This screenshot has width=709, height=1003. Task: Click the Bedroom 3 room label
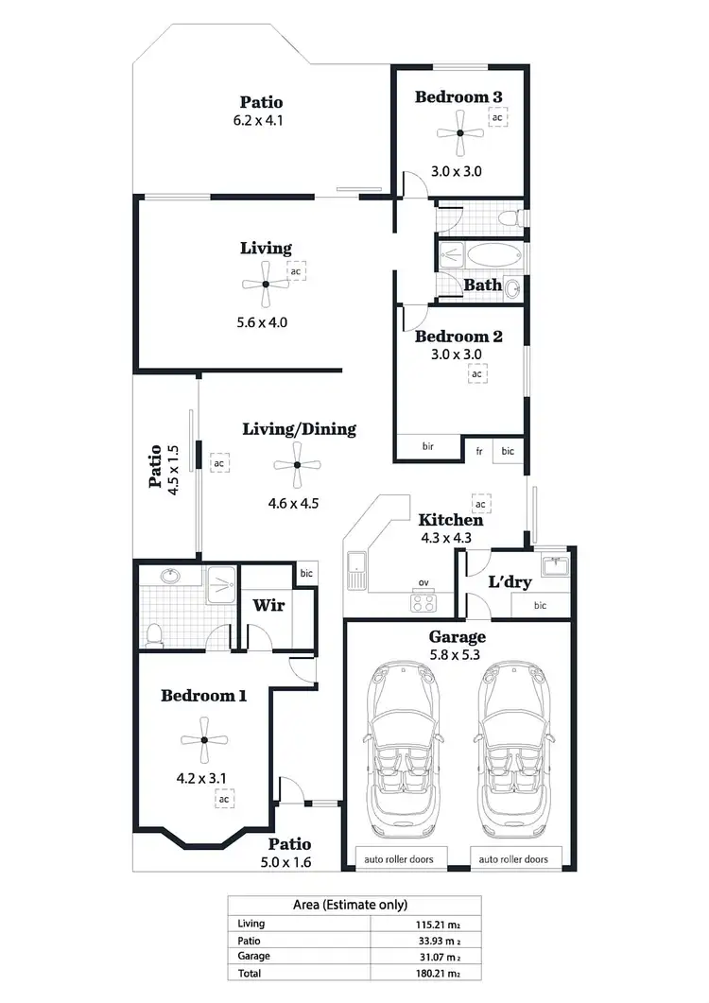(x=458, y=96)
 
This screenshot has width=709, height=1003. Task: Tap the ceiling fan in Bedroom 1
(x=204, y=739)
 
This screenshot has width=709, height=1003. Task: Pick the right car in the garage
(x=511, y=747)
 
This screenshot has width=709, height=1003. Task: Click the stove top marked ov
(x=422, y=600)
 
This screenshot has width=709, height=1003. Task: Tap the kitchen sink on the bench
(x=358, y=568)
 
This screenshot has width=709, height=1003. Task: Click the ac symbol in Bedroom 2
(x=477, y=374)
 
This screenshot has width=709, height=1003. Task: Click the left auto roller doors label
(x=401, y=859)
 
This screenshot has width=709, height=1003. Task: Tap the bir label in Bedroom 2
(x=427, y=446)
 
